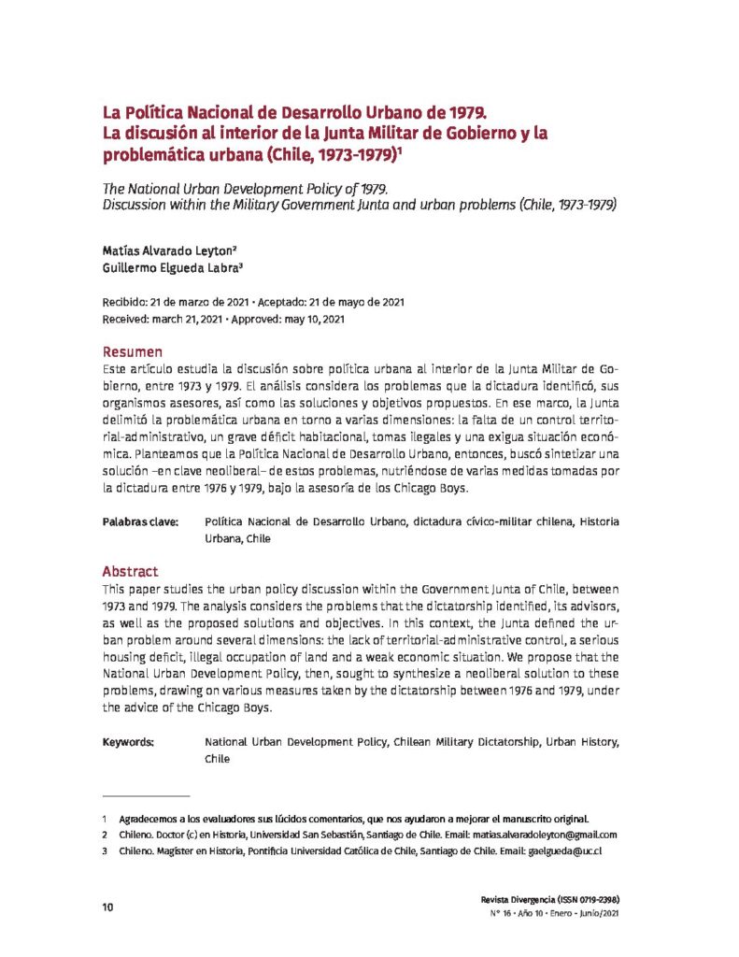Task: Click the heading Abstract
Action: point(130,571)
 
